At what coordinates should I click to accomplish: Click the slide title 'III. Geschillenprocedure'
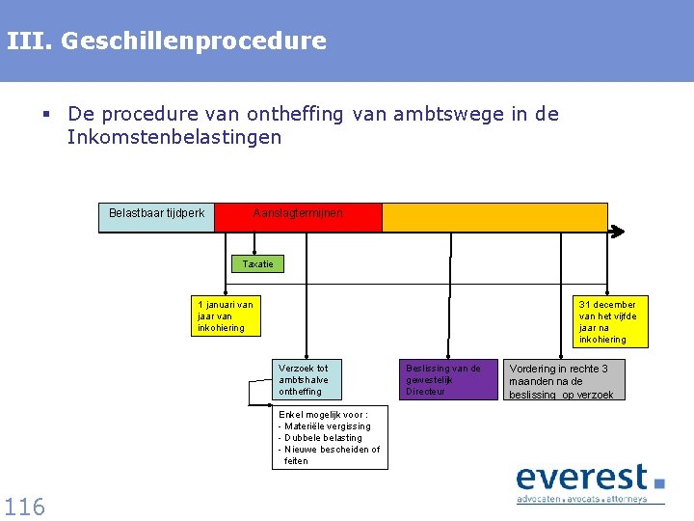(x=166, y=41)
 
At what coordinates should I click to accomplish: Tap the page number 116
(x=24, y=506)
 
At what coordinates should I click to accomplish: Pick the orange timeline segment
(x=494, y=217)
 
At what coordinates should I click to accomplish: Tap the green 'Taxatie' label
(x=258, y=263)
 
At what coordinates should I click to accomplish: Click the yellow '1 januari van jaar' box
(x=226, y=315)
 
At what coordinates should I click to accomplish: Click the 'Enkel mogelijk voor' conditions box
(x=330, y=437)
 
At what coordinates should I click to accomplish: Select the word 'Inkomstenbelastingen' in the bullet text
(x=174, y=137)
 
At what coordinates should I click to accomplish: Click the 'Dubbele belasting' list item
(x=322, y=438)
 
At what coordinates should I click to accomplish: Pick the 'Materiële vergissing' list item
(x=326, y=426)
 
